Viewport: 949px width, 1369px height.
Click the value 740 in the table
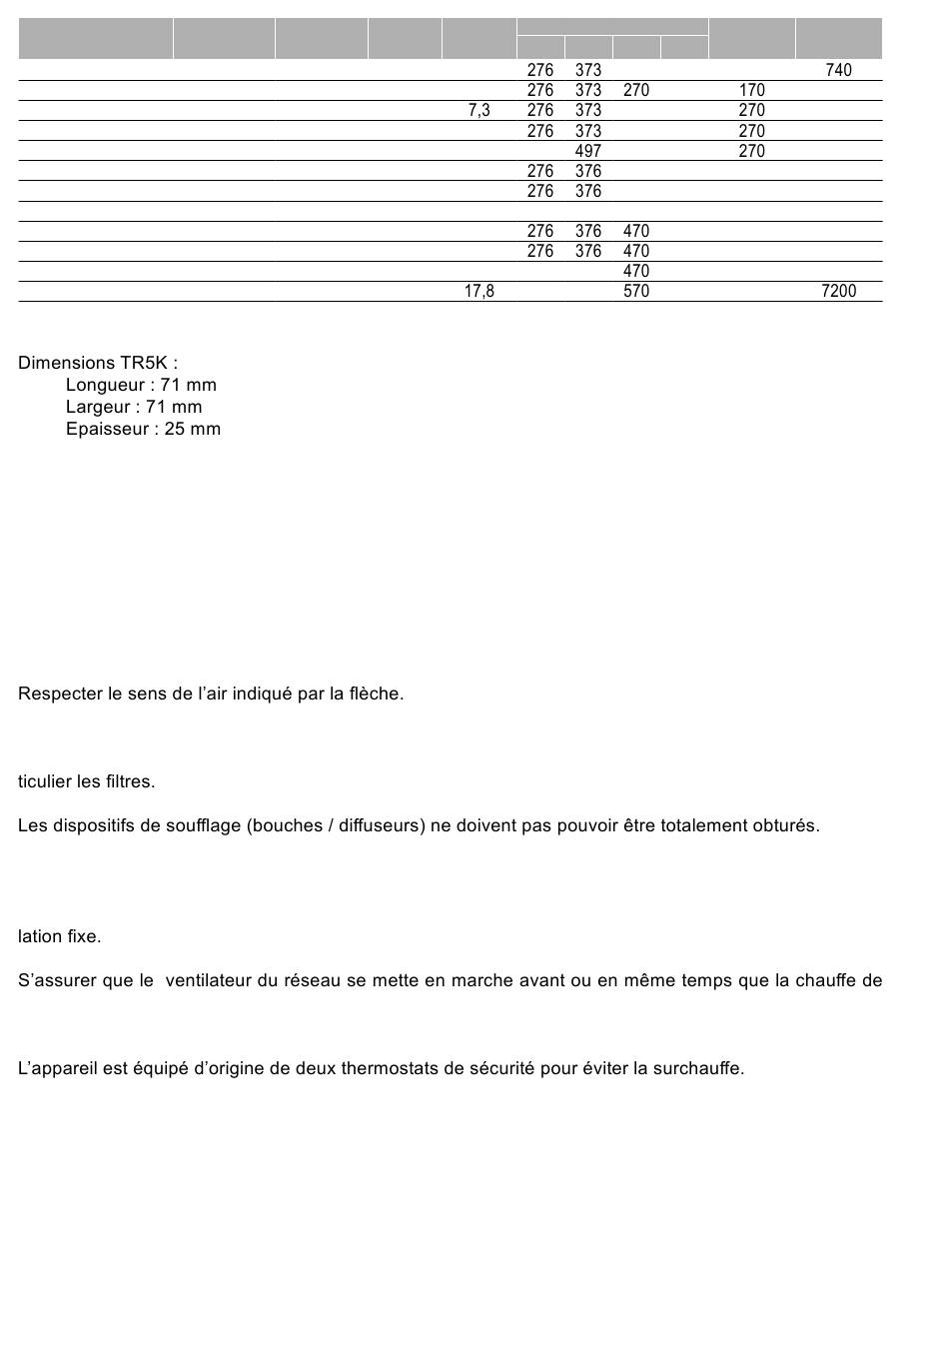click(x=838, y=70)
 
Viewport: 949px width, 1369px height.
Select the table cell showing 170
click(x=751, y=90)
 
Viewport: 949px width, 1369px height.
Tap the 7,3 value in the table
click(x=478, y=111)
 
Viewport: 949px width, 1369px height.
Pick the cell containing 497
click(x=588, y=151)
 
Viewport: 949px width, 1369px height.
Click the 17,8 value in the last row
click(x=478, y=291)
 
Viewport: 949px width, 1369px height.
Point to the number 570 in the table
click(x=635, y=291)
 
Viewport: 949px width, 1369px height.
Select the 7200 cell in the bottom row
click(x=838, y=291)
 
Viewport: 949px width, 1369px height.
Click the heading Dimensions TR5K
click(x=98, y=363)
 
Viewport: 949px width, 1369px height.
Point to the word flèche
click(x=375, y=693)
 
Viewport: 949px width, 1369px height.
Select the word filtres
click(x=129, y=781)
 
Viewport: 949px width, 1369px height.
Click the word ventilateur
click(x=208, y=980)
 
